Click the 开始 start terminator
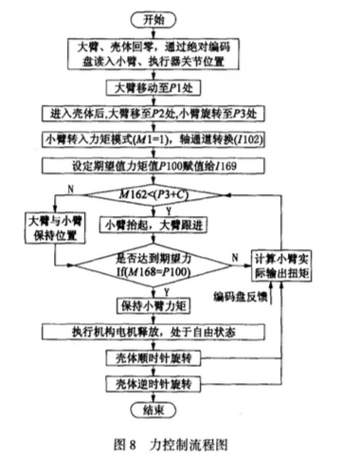(158, 18)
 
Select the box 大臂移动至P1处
(158, 87)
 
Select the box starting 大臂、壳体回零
(158, 53)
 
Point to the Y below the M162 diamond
(169, 212)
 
